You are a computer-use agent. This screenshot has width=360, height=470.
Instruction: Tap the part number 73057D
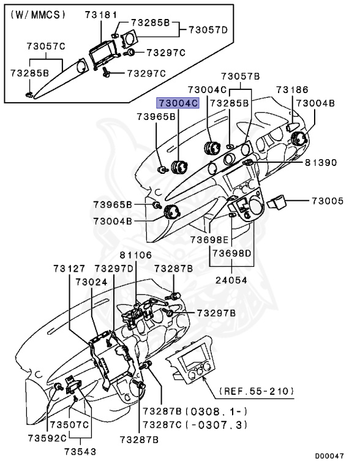pos(207,29)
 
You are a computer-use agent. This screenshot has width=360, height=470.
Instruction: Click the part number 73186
pos(291,89)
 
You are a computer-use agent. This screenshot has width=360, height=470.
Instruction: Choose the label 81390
pos(321,163)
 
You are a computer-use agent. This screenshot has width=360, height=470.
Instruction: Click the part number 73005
pos(328,201)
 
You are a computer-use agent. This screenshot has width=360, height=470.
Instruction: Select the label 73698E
pos(208,239)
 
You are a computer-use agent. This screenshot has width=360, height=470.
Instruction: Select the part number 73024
pos(91,282)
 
